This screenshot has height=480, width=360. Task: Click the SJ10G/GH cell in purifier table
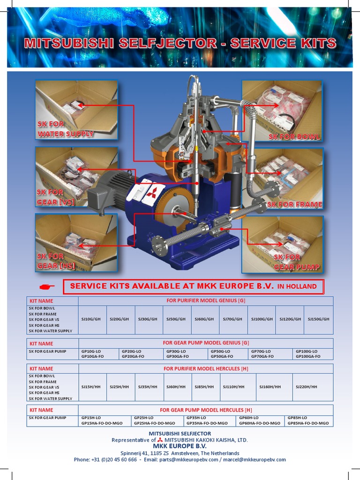click(91, 319)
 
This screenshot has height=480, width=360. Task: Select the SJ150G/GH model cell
click(318, 319)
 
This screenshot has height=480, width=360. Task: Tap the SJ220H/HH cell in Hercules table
click(306, 387)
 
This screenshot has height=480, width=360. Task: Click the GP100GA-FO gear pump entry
click(308, 357)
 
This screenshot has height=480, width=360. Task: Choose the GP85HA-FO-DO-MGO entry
click(308, 423)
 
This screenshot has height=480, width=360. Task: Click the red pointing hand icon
click(47, 286)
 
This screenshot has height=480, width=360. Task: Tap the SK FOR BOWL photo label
click(294, 137)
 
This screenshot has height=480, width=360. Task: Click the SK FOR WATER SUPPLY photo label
click(65, 129)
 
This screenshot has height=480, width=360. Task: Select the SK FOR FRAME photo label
click(294, 204)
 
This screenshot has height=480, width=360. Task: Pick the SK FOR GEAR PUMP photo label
click(296, 262)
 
